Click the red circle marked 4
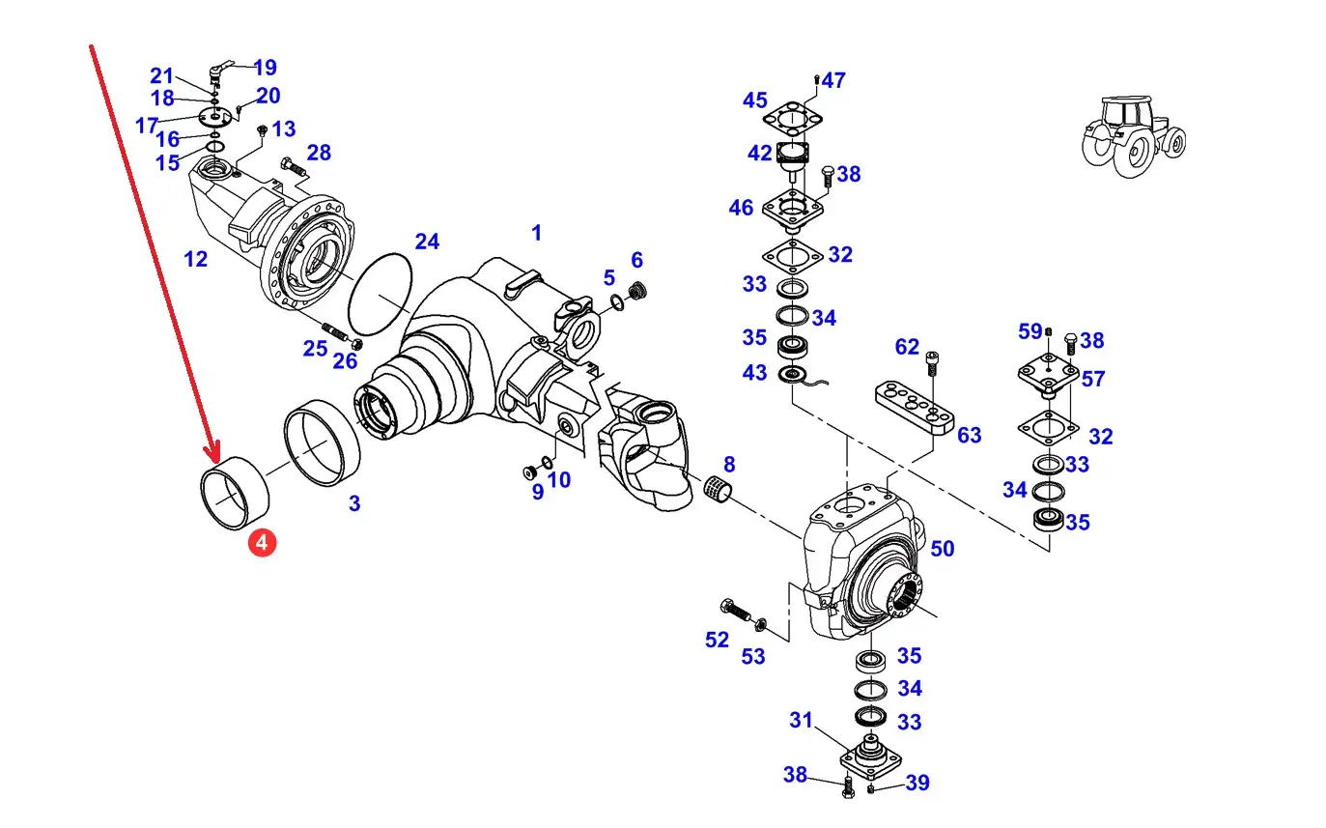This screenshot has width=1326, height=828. click(263, 543)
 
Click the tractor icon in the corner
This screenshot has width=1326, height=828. click(1134, 136)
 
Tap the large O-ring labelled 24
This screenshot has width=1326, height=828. click(380, 294)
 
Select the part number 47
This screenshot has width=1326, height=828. click(833, 80)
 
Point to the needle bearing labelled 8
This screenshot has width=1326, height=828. click(719, 490)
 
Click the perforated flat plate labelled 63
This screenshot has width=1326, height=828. click(915, 408)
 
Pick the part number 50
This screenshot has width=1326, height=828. click(943, 549)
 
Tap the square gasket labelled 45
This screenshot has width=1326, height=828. click(792, 119)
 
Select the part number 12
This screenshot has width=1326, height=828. click(195, 259)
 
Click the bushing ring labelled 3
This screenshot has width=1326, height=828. click(322, 443)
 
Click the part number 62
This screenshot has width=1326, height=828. click(907, 347)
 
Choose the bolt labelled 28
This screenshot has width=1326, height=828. click(295, 167)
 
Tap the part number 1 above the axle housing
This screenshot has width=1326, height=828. click(536, 233)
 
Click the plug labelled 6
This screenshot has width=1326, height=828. click(637, 292)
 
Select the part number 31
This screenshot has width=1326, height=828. click(801, 720)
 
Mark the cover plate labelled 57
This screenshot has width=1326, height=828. click(1049, 375)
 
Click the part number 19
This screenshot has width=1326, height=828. click(266, 68)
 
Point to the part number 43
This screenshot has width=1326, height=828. click(755, 373)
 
